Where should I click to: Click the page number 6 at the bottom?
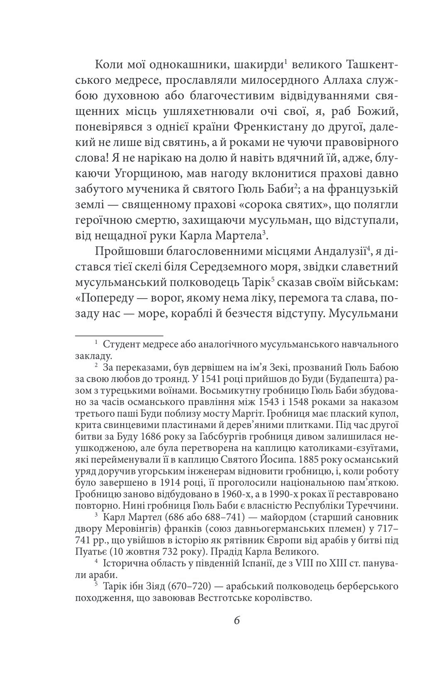pos(237,620)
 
